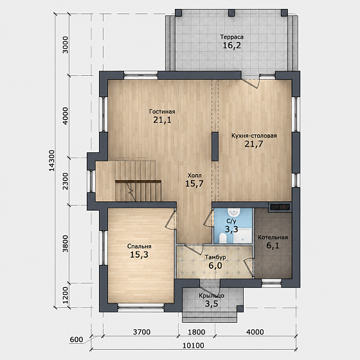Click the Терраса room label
[x=232, y=37]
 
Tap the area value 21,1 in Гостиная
[x=162, y=120]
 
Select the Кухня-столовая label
[x=254, y=136]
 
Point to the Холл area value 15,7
[x=194, y=183]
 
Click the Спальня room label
[x=139, y=246]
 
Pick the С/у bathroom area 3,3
[x=231, y=229]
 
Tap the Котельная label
[x=273, y=237]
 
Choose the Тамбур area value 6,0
[x=215, y=265]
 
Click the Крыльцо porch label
[x=212, y=296]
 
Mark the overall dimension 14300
[x=52, y=161]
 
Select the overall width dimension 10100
[x=194, y=345]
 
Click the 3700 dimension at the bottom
[x=141, y=332]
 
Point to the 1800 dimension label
[x=197, y=332]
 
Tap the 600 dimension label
[x=76, y=339]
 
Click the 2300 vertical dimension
[x=66, y=181]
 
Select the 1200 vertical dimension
[x=66, y=295]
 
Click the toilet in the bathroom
[x=222, y=238]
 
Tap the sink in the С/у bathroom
[x=233, y=212]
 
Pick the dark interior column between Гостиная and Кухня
[x=215, y=147]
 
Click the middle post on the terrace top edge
[x=231, y=13]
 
